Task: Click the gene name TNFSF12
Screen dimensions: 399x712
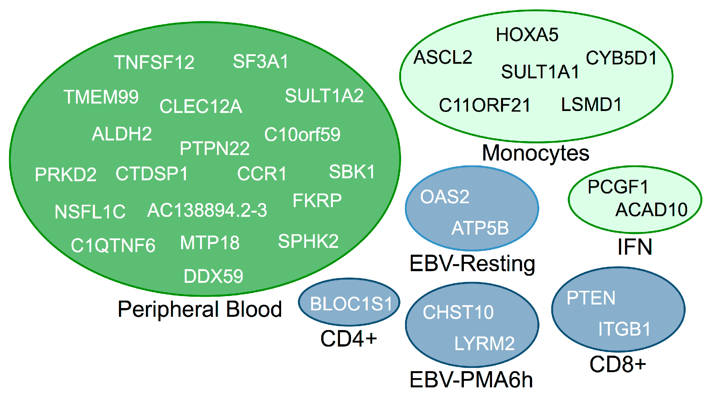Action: tap(154, 62)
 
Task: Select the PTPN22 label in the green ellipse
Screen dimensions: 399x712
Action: tap(214, 148)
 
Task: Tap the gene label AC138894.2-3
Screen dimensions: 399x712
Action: tap(207, 210)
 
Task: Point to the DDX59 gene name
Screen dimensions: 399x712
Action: tap(213, 276)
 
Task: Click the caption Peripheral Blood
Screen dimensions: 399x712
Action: tap(200, 309)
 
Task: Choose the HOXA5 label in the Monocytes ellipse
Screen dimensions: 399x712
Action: tap(527, 35)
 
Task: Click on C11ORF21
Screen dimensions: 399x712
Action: tap(484, 105)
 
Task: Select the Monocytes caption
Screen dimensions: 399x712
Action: tap(535, 153)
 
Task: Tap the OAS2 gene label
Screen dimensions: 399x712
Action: tap(444, 196)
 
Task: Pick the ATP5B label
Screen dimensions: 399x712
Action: tap(480, 228)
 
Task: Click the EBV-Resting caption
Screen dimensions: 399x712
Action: tap(472, 263)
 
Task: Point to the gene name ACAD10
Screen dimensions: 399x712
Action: tap(651, 210)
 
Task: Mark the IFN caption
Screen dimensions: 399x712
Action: tap(635, 247)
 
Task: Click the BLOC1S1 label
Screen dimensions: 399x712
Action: tap(351, 304)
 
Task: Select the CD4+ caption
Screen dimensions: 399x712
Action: tap(348, 338)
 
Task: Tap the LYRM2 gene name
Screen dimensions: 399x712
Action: tap(484, 343)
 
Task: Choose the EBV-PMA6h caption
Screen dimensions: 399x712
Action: tap(471, 380)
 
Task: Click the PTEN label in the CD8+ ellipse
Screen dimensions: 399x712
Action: tap(591, 298)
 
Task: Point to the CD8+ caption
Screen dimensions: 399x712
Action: tap(618, 364)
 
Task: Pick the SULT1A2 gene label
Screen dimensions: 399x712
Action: tap(324, 96)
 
